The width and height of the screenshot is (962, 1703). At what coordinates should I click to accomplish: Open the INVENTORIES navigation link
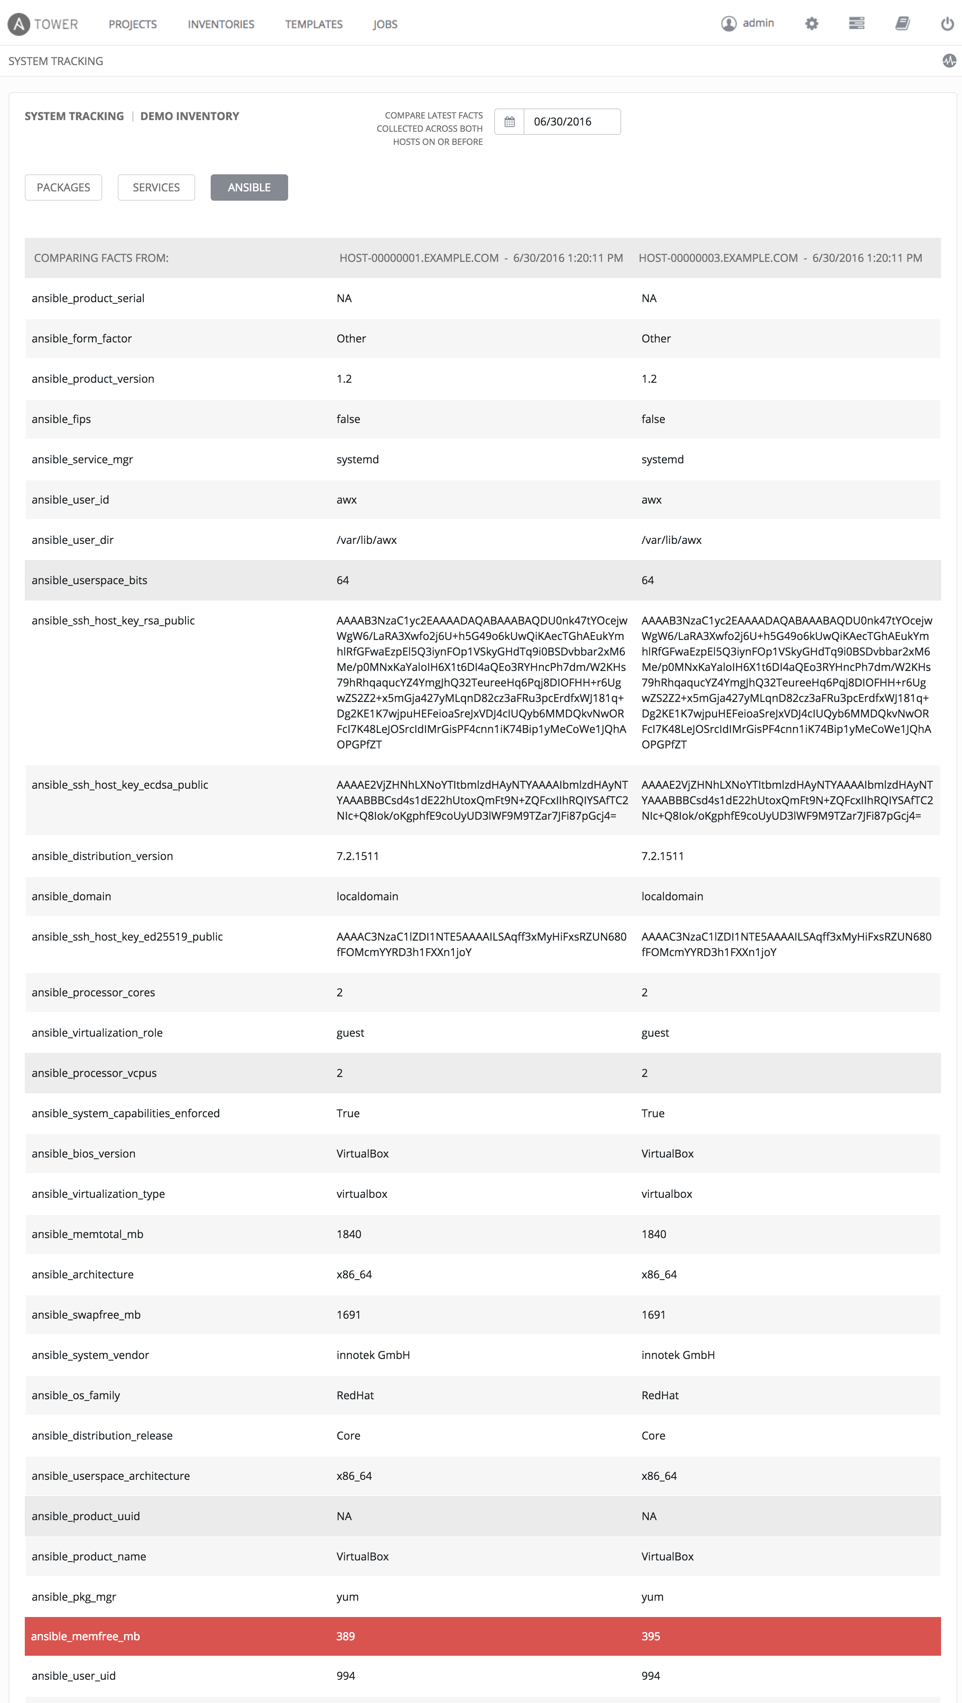[221, 24]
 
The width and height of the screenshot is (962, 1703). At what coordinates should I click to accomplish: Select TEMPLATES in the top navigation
[314, 24]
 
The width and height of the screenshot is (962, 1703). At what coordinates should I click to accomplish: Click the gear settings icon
[811, 24]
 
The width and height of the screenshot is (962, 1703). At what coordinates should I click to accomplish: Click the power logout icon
[947, 24]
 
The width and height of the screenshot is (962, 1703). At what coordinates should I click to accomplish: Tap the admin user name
[758, 23]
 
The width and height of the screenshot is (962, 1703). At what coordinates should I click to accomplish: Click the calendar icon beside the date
[509, 122]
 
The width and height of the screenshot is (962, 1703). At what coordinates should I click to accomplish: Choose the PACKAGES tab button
[64, 188]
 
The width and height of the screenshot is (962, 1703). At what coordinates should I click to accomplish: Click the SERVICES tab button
[156, 188]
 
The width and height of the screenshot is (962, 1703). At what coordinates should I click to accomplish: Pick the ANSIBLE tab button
[249, 188]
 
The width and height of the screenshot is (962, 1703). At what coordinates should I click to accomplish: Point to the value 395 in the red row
[651, 1636]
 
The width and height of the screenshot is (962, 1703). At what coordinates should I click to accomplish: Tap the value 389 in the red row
[345, 1636]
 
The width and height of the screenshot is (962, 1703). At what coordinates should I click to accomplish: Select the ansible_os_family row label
[76, 1395]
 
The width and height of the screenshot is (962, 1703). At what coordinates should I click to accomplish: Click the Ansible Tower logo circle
[19, 24]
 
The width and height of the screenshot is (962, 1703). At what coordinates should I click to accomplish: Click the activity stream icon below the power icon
[949, 61]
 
